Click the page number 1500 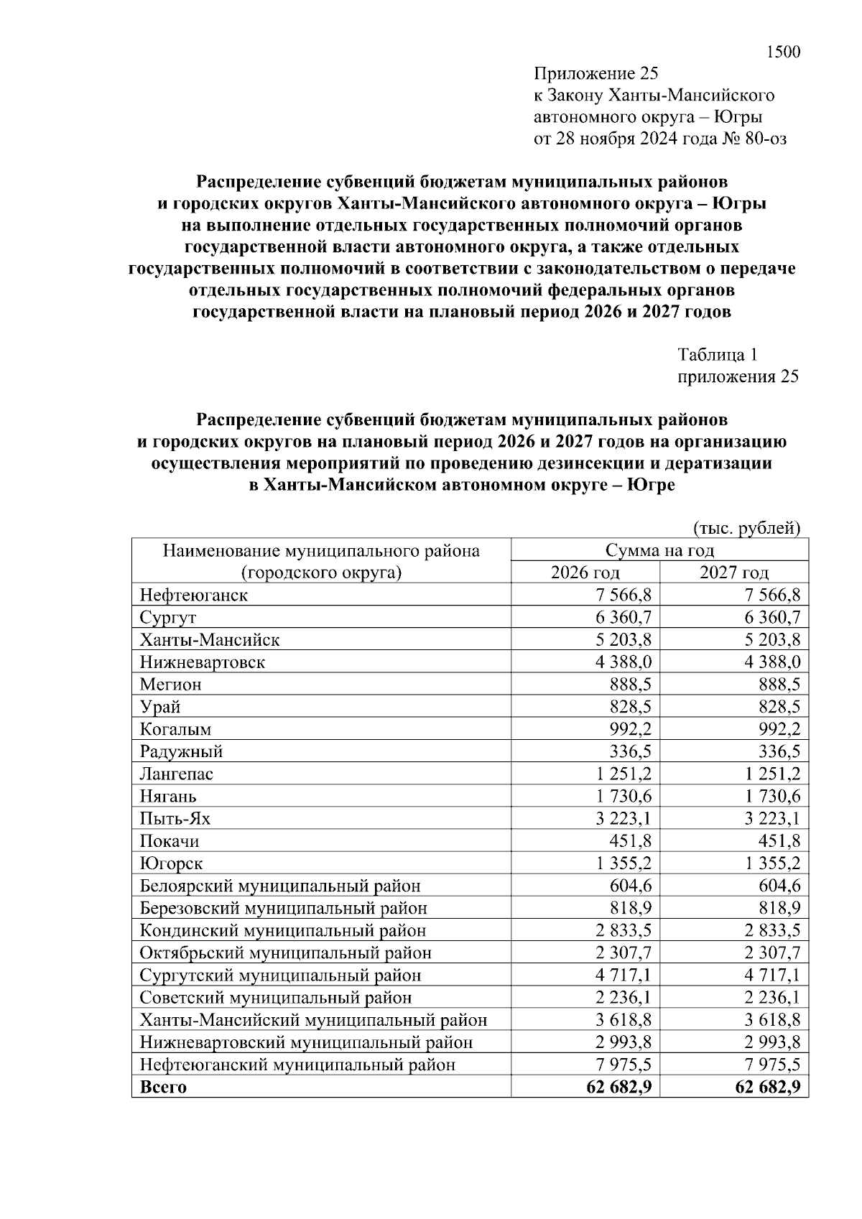click(783, 52)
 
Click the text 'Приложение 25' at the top click(595, 73)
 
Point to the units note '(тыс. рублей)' click(746, 529)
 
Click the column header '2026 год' click(585, 573)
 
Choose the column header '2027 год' click(734, 573)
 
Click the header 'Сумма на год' click(659, 550)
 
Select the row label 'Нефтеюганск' click(194, 595)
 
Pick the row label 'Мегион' click(171, 685)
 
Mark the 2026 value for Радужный click(631, 752)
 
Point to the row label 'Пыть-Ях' click(175, 819)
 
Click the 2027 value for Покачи click(779, 841)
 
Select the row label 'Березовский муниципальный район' click(284, 908)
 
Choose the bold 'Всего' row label click(163, 1087)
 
